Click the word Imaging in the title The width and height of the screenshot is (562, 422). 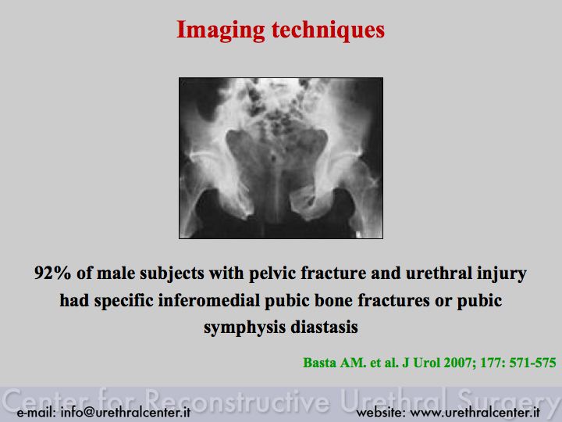(220, 30)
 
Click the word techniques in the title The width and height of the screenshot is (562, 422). (328, 30)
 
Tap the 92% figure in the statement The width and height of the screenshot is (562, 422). (52, 273)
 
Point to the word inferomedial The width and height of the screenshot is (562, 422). (209, 300)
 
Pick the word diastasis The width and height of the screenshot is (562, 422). (324, 327)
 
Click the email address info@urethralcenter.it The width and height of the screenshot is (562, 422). (126, 413)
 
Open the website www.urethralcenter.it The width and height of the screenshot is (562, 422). (475, 413)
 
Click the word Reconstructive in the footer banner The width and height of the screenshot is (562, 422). (238, 400)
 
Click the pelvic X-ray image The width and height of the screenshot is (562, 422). (281, 158)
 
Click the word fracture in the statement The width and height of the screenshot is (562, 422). (333, 273)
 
